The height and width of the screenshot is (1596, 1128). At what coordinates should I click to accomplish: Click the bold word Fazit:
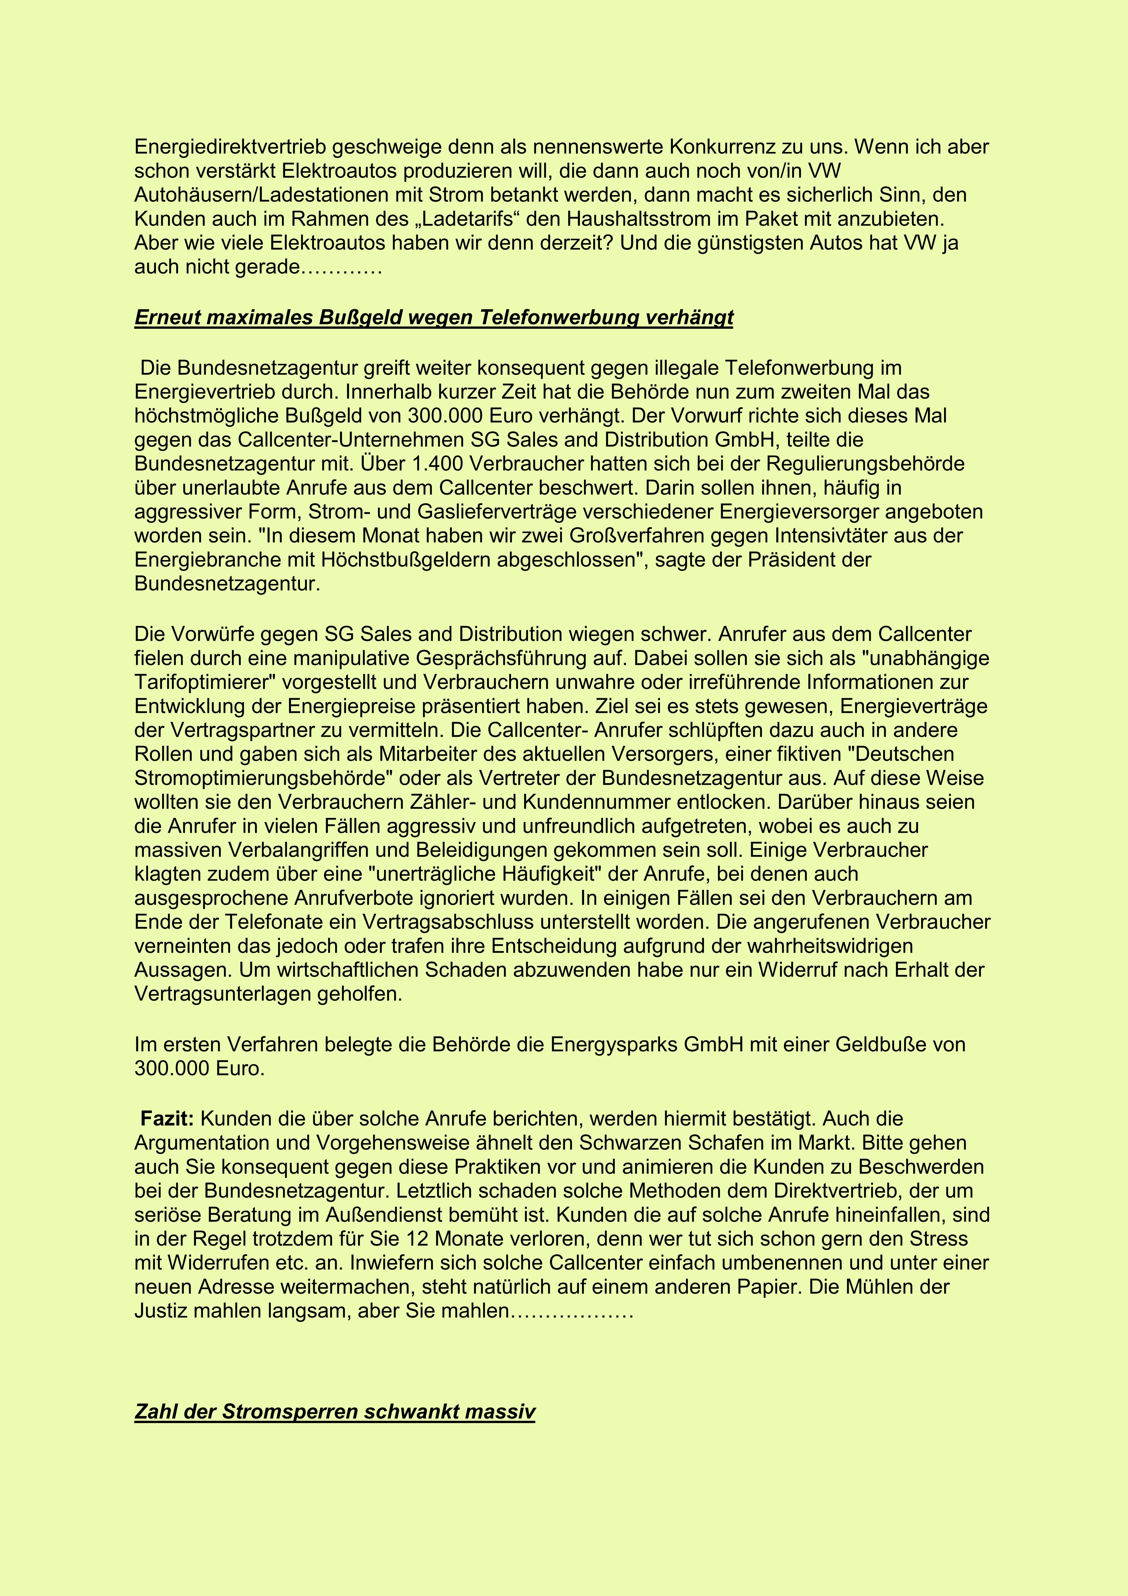(168, 1119)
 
